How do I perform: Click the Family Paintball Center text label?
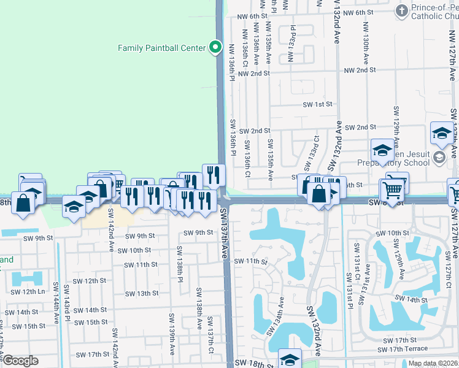(x=162, y=47)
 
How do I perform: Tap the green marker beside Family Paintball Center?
(x=215, y=47)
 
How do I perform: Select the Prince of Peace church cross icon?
(x=401, y=10)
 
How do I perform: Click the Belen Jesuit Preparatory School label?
(x=393, y=163)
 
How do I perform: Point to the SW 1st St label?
(x=317, y=104)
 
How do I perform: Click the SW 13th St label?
(x=144, y=293)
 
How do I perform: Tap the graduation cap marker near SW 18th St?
(x=290, y=359)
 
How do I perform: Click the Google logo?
(x=20, y=361)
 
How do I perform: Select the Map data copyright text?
(x=433, y=363)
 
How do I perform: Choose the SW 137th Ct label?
(x=210, y=331)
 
